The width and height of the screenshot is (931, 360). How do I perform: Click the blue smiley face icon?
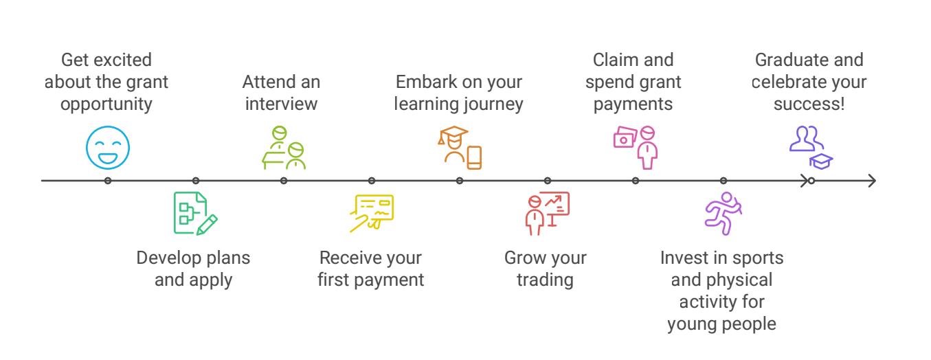click(x=108, y=148)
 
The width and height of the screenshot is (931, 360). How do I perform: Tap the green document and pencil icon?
click(x=195, y=213)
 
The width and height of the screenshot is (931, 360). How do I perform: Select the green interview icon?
click(x=284, y=148)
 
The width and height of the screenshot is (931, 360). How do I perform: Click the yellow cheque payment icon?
click(x=372, y=213)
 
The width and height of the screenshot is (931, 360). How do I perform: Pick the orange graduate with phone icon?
click(x=460, y=148)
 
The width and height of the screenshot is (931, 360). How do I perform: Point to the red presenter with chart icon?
click(x=548, y=213)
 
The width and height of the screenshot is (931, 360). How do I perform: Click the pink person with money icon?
click(x=636, y=148)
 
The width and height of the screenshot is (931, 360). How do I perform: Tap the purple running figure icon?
click(x=724, y=213)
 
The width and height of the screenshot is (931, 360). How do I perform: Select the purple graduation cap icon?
click(x=821, y=161)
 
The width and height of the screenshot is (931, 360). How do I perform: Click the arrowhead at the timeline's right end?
click(x=873, y=181)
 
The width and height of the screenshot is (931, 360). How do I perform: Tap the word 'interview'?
click(x=282, y=104)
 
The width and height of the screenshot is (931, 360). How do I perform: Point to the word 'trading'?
click(x=546, y=280)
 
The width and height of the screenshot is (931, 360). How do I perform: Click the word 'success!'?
click(x=809, y=104)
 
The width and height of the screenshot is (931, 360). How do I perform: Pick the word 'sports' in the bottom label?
click(x=758, y=258)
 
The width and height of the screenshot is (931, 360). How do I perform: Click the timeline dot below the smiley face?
click(x=108, y=181)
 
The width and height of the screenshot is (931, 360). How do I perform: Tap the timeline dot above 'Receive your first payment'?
click(x=372, y=181)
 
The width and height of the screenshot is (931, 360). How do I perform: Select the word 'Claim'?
click(x=612, y=60)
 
